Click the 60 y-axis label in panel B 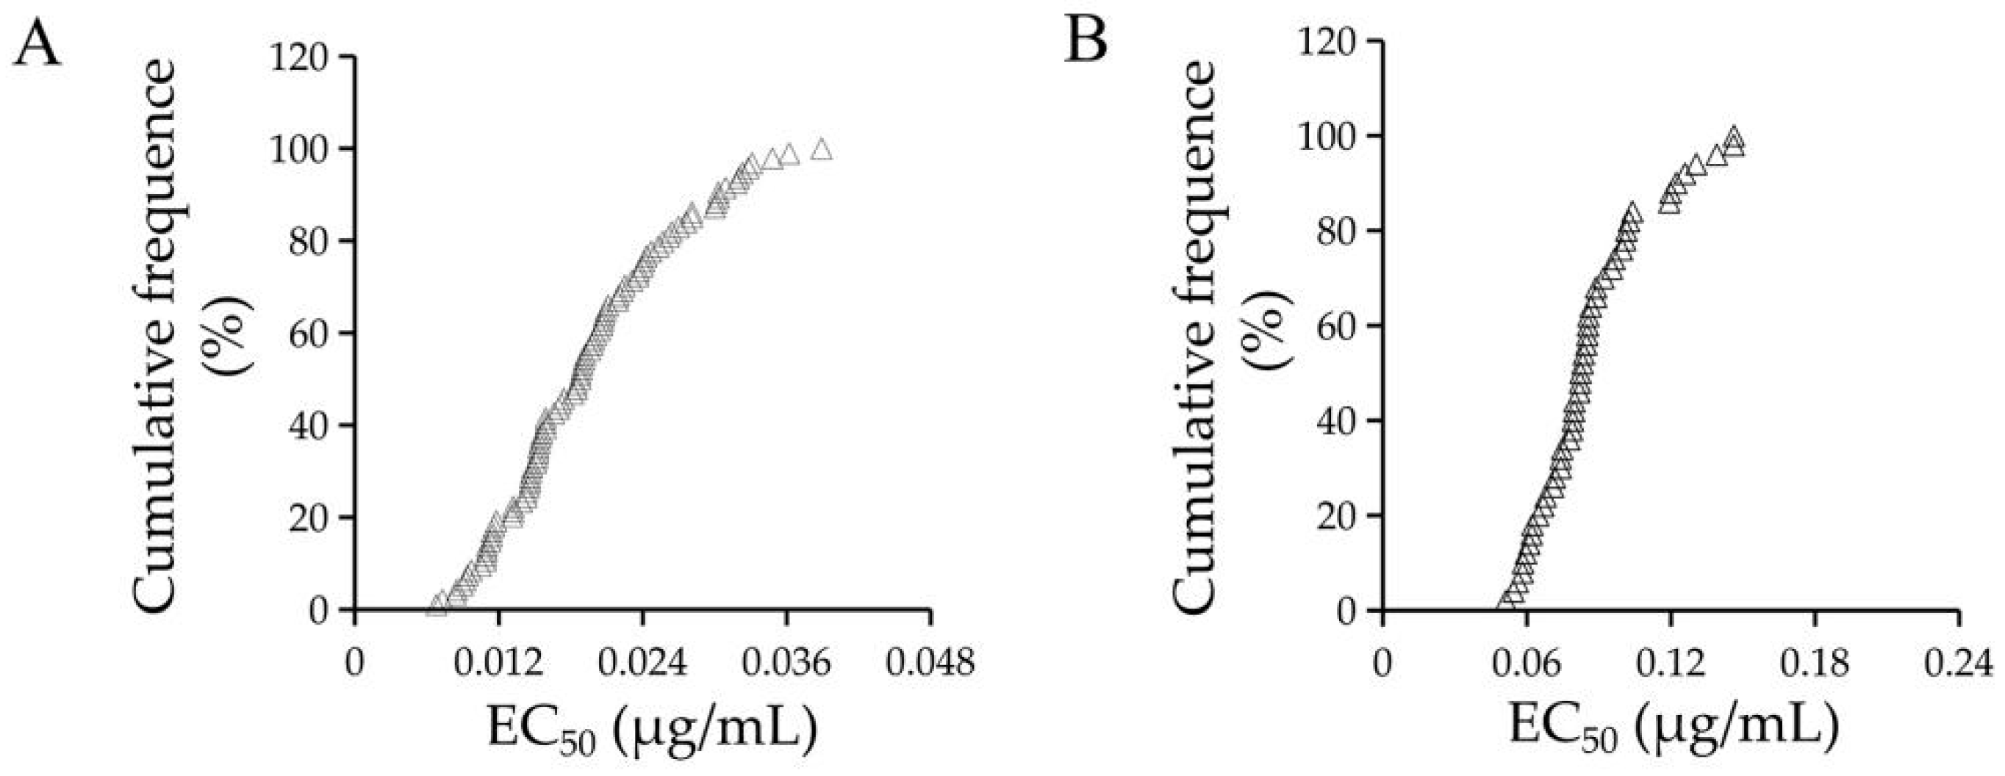[1337, 326]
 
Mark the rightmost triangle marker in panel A [821, 149]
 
